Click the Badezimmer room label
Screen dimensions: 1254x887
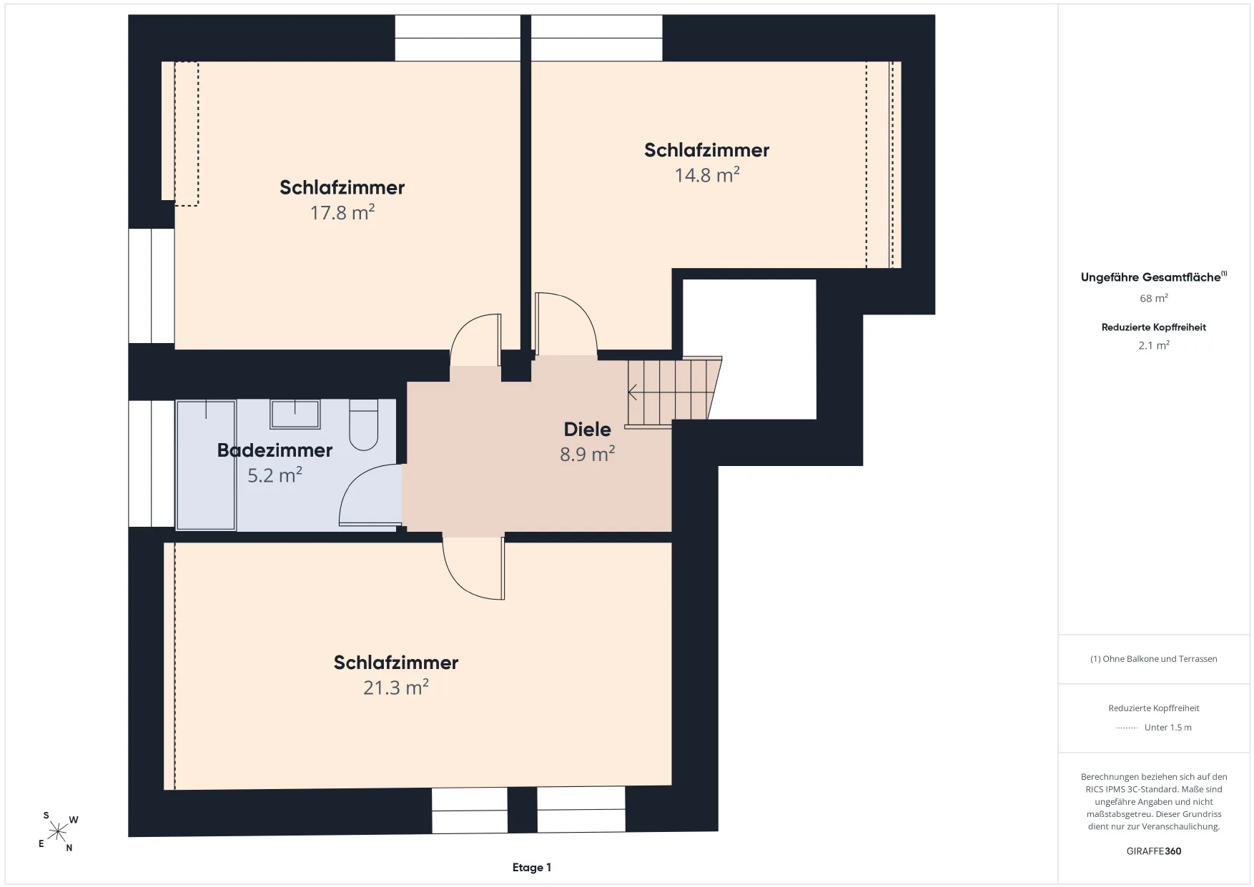pyautogui.click(x=275, y=450)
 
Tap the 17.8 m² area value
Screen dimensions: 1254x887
pyautogui.click(x=342, y=212)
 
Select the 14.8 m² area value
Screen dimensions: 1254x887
pyautogui.click(x=707, y=175)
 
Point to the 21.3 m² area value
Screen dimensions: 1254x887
pyautogui.click(x=396, y=687)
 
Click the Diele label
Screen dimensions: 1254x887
pyautogui.click(x=588, y=429)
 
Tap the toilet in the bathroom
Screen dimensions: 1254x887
pyautogui.click(x=363, y=425)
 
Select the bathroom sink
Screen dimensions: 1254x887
pyautogui.click(x=295, y=414)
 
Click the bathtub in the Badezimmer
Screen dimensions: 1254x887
pyautogui.click(x=207, y=465)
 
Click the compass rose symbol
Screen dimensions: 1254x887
pyautogui.click(x=58, y=832)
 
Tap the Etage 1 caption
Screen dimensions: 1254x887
pyautogui.click(x=532, y=868)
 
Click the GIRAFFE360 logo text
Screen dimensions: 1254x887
pyautogui.click(x=1154, y=851)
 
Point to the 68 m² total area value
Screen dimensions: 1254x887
pyautogui.click(x=1154, y=298)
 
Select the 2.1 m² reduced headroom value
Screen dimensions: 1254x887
pyautogui.click(x=1154, y=345)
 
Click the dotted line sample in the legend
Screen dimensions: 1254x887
pyautogui.click(x=1127, y=728)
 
